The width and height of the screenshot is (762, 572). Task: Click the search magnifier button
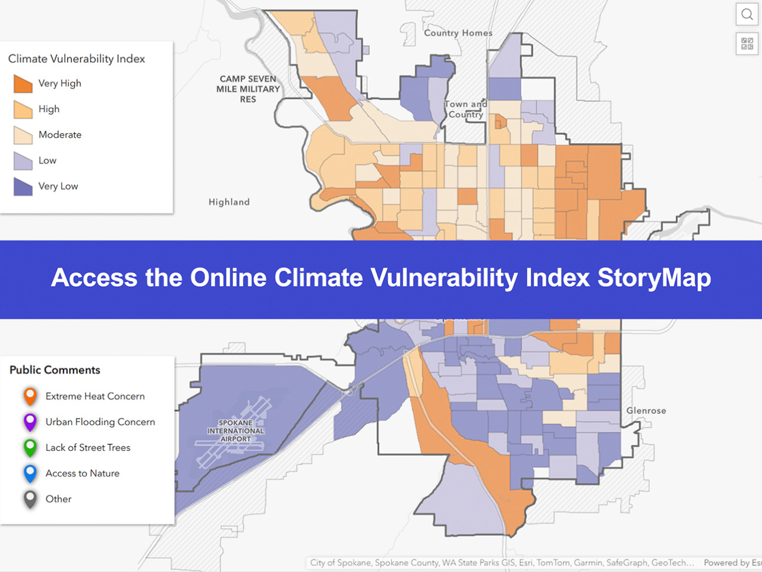[x=747, y=14]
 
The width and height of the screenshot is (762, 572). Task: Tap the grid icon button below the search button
[x=747, y=44]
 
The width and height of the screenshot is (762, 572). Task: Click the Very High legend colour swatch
[x=23, y=84]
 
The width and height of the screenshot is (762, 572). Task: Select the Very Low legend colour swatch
[x=23, y=187]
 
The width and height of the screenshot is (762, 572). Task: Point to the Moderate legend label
[x=60, y=135]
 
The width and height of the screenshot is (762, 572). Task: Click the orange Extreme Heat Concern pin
[x=30, y=397]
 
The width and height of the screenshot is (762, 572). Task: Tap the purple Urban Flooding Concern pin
[x=30, y=422]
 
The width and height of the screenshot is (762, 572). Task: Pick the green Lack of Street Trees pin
[x=30, y=448]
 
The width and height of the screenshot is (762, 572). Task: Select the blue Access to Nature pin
[x=30, y=473]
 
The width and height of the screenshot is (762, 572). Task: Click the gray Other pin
[x=30, y=499]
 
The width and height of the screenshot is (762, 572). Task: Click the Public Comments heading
[x=55, y=370]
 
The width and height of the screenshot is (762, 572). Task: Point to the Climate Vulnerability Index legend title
[x=76, y=59]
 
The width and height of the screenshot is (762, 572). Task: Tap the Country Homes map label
[x=458, y=33]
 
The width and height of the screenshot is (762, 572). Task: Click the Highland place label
[x=229, y=202]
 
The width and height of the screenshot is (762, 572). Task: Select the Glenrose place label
[x=646, y=410]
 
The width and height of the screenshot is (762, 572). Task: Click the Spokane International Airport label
[x=236, y=431]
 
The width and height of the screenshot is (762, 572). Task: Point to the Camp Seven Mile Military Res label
[x=248, y=89]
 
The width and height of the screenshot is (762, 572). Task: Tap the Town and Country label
[x=466, y=109]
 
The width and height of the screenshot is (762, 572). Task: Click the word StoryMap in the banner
[x=654, y=278]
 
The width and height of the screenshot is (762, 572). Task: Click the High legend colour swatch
[x=23, y=109]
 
